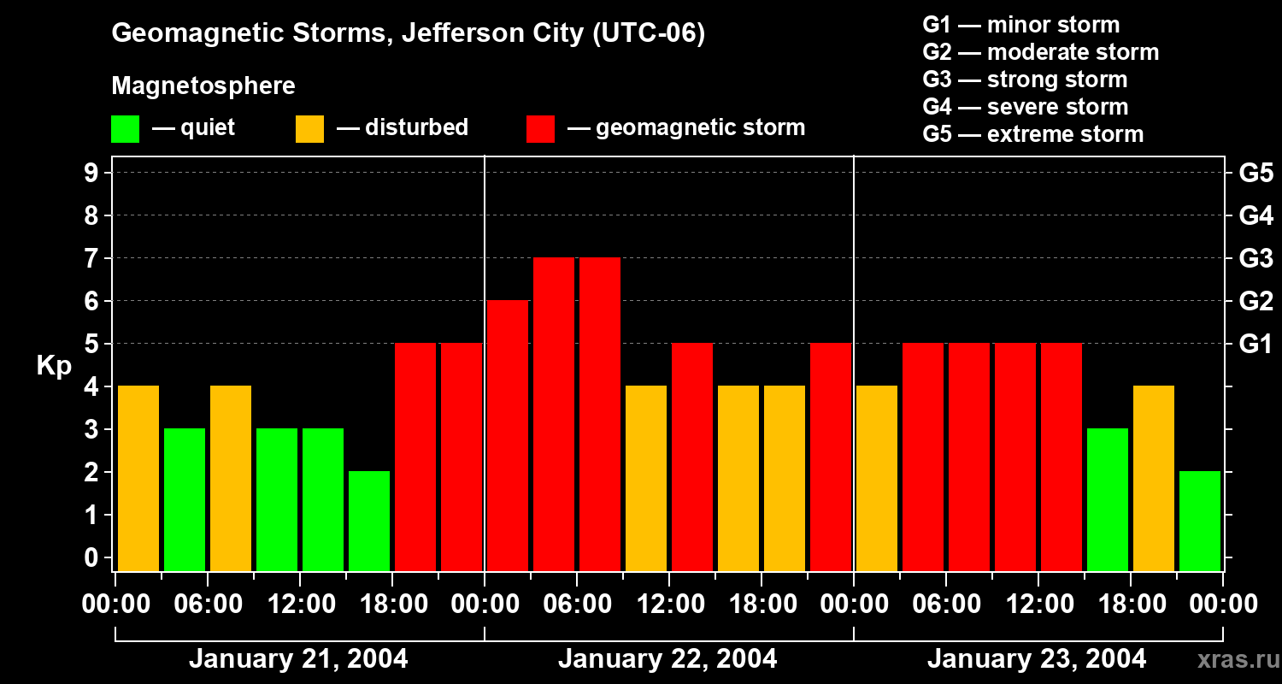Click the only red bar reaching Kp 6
coord(508,435)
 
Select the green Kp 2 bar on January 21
coord(369,521)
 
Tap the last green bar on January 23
coord(1200,521)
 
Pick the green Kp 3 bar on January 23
coord(1108,499)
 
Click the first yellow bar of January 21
coord(138,478)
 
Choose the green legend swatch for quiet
coord(125,129)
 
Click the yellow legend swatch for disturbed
coord(309,129)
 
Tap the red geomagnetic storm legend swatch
coord(540,129)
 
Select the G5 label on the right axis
coord(1256,174)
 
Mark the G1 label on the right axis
coord(1256,345)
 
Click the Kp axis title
coord(54,366)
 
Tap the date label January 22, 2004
coord(667,659)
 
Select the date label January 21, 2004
coord(298,659)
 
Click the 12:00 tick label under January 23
coord(1038,604)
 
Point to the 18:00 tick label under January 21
coord(391,604)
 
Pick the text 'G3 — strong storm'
coord(1025,80)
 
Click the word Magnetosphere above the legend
coord(203,86)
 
